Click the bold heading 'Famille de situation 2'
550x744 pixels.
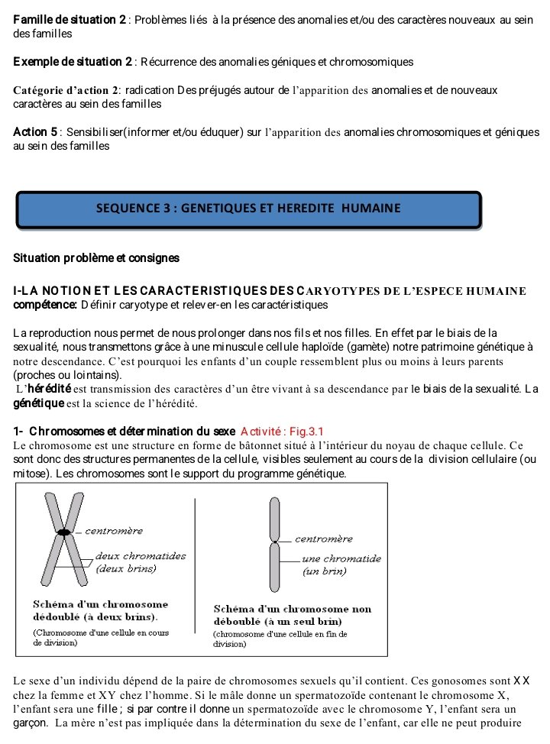pos(70,19)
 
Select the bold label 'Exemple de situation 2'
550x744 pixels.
pos(73,61)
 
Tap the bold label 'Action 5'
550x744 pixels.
pos(35,132)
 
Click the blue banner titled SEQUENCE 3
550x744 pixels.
pos(248,209)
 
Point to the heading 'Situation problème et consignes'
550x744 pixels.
pos(96,258)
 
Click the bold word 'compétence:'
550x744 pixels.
pos(45,306)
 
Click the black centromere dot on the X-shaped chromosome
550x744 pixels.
pos(66,531)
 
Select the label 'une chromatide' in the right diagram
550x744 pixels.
pos(341,558)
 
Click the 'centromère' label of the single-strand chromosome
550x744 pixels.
pos(323,539)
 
